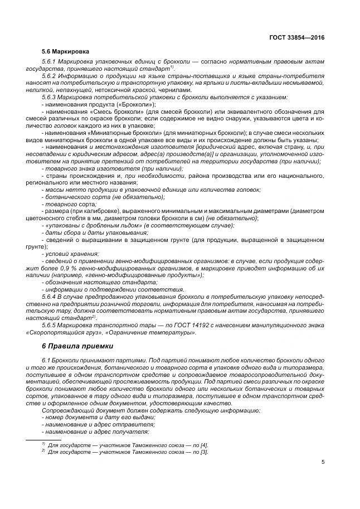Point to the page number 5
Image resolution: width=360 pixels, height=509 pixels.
coord(323,462)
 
